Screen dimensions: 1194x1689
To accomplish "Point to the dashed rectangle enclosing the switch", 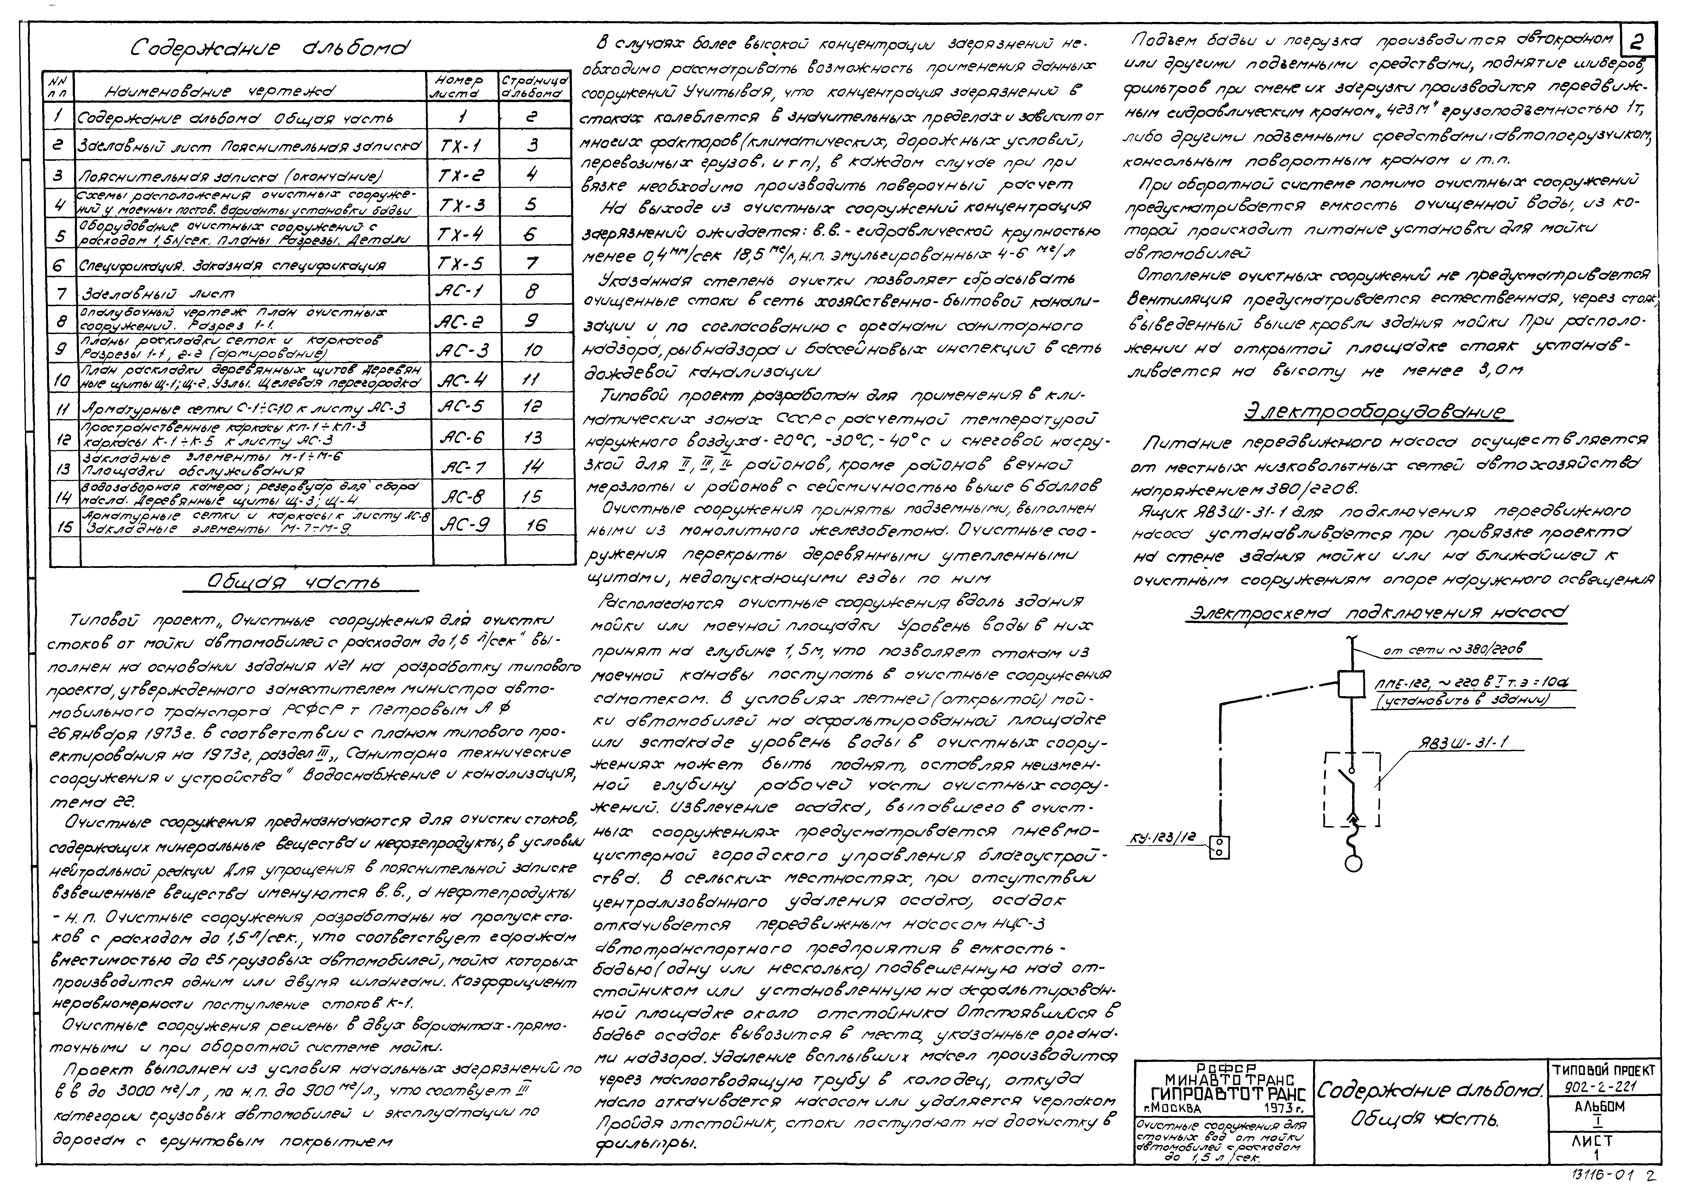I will [x=1352, y=789].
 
